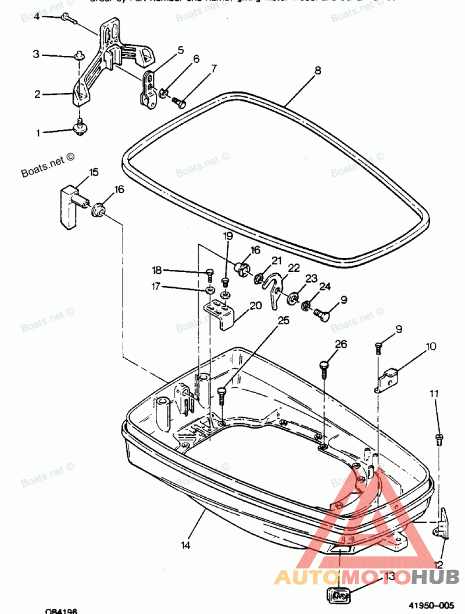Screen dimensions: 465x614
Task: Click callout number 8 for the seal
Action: point(318,71)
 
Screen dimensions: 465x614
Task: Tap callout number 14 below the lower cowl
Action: point(185,545)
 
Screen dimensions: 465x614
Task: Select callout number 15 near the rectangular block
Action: point(94,172)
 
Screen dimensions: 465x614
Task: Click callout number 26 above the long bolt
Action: point(341,344)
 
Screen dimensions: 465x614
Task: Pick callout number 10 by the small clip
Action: point(431,347)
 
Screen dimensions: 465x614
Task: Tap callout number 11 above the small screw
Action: point(434,394)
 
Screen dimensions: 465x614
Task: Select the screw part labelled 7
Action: point(178,104)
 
